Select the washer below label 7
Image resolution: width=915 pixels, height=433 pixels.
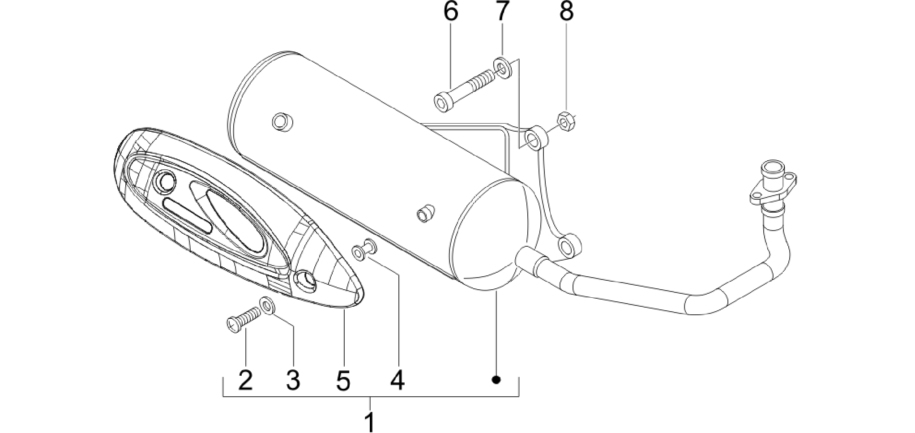click(503, 68)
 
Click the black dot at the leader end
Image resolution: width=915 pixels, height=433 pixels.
click(496, 380)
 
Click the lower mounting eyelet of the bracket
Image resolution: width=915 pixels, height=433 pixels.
click(569, 245)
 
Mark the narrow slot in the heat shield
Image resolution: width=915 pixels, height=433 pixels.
click(188, 214)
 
